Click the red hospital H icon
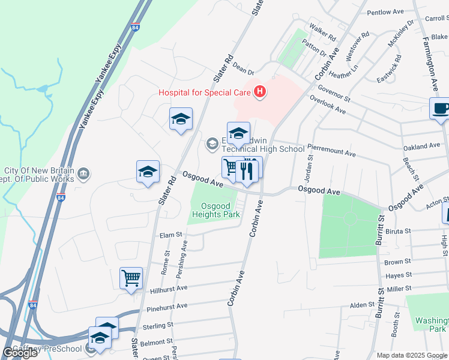pyautogui.click(x=259, y=92)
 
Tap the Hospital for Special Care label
pyautogui.click(x=205, y=92)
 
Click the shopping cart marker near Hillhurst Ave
pyautogui.click(x=131, y=278)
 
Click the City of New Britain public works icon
pyautogui.click(x=83, y=175)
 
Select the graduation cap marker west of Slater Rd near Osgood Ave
pyautogui.click(x=148, y=172)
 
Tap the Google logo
pyautogui.click(x=20, y=353)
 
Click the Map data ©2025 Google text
pyautogui.click(x=412, y=355)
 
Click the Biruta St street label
pyautogui.click(x=397, y=230)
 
